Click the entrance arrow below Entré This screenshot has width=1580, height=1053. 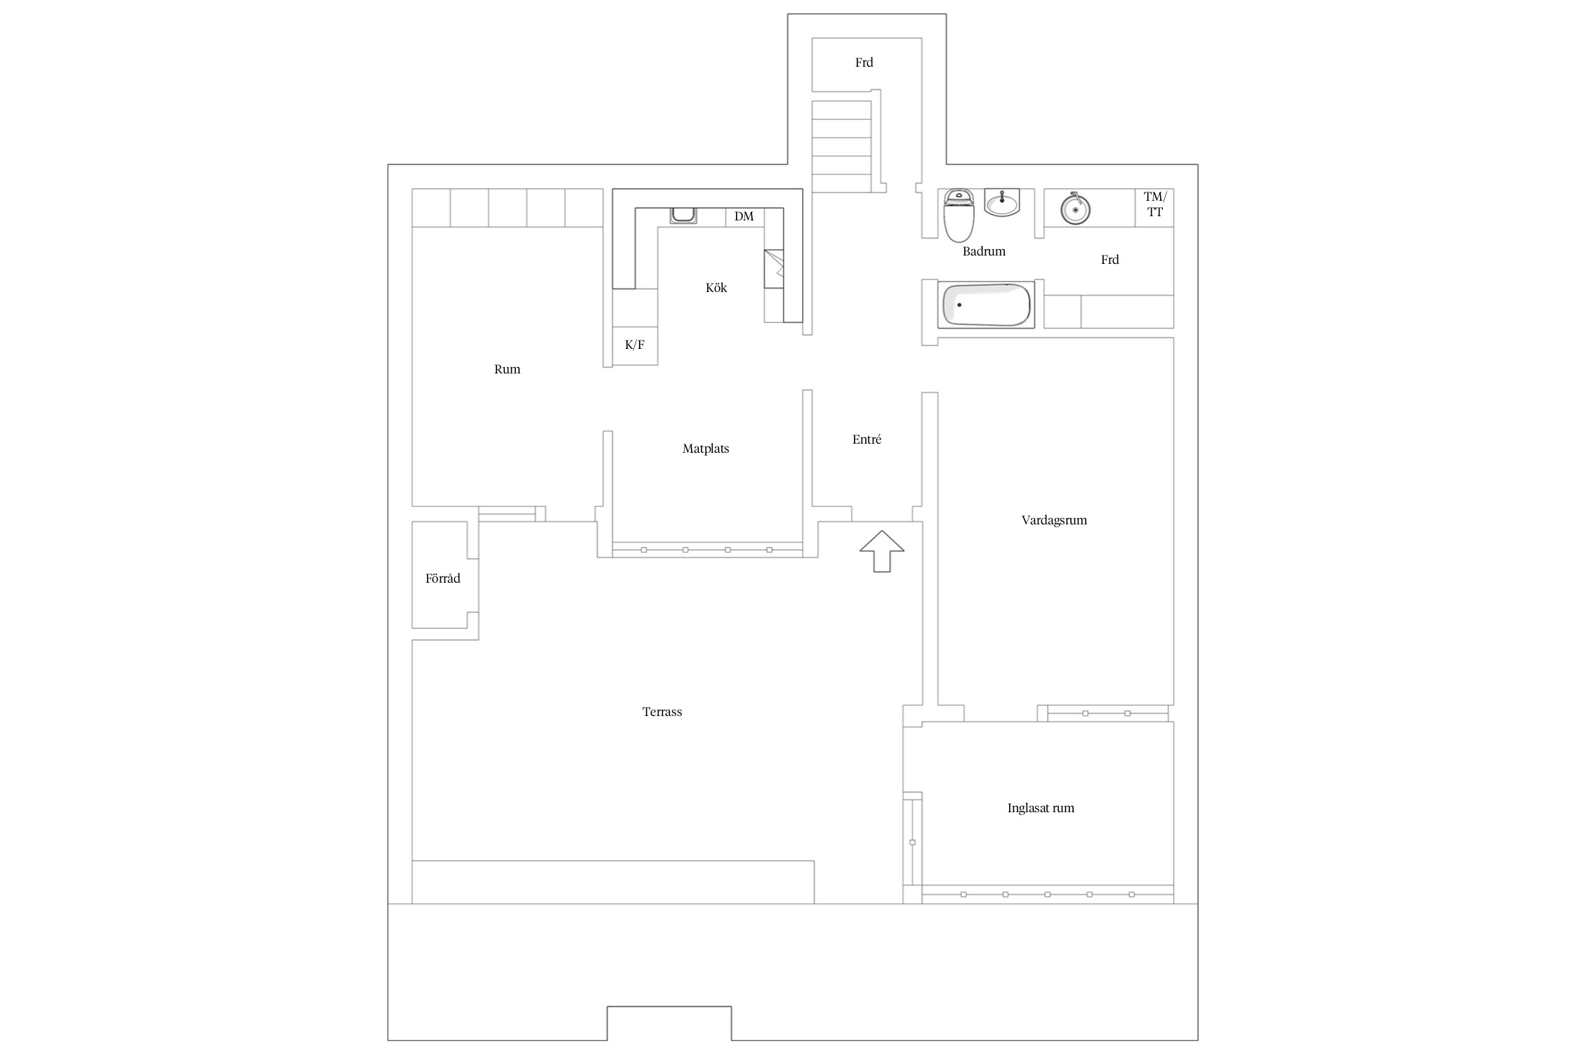click(x=882, y=551)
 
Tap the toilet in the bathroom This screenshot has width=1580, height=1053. click(x=959, y=215)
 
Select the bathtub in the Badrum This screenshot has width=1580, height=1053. click(x=987, y=305)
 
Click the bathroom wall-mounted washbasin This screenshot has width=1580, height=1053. click(x=1001, y=203)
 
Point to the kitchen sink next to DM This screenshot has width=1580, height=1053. click(x=683, y=216)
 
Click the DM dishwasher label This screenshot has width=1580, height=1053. click(x=744, y=216)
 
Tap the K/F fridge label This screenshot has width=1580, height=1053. click(x=635, y=345)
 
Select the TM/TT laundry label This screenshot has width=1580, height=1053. click(x=1154, y=204)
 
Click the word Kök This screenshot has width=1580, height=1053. click(x=716, y=287)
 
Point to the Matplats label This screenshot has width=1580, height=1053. click(x=706, y=449)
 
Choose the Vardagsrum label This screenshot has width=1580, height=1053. click(x=1054, y=520)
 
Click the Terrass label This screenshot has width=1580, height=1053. click(x=662, y=712)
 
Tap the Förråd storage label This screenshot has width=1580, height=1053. click(x=443, y=578)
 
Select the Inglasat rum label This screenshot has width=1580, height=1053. click(x=1041, y=808)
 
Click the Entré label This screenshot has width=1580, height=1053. click(x=867, y=439)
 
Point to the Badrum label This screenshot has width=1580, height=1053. click(x=984, y=251)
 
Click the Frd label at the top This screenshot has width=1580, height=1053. click(x=864, y=62)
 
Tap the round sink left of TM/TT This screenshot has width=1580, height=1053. click(x=1074, y=208)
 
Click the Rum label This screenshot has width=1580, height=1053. click(x=507, y=369)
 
